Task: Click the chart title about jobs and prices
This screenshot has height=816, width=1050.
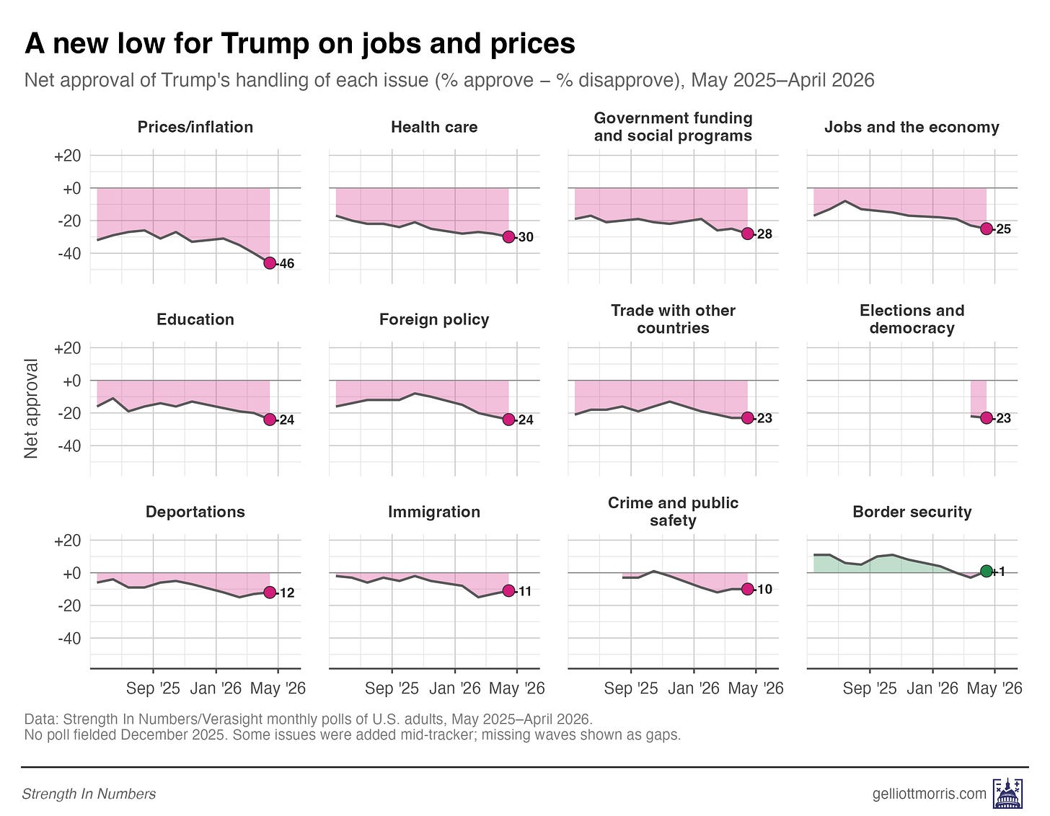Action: pos(300,45)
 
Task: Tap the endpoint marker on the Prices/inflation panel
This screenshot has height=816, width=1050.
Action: pos(270,263)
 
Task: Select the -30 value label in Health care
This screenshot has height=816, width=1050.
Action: pos(526,237)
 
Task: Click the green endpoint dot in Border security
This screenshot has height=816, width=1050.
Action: pos(987,572)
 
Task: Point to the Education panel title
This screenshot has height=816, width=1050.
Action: pos(195,319)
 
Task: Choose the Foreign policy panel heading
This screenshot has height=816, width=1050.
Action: pos(434,319)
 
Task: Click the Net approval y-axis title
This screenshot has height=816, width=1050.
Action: pos(31,409)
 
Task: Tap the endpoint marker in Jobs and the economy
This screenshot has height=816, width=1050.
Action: pos(987,229)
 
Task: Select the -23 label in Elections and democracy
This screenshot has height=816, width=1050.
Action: pos(1003,418)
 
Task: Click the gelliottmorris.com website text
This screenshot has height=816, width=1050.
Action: pos(929,794)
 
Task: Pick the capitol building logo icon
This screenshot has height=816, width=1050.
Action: pos(1005,793)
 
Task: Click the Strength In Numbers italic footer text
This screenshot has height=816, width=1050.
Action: pos(89,794)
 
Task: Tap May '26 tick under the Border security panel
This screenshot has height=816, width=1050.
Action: pos(994,688)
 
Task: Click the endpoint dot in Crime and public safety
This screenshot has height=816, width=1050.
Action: pos(747,589)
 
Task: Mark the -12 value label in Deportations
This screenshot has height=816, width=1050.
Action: pos(286,593)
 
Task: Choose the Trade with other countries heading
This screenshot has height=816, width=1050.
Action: pos(673,319)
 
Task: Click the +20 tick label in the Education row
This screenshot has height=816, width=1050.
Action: pos(68,348)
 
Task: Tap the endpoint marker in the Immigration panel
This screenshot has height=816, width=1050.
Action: pos(508,590)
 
